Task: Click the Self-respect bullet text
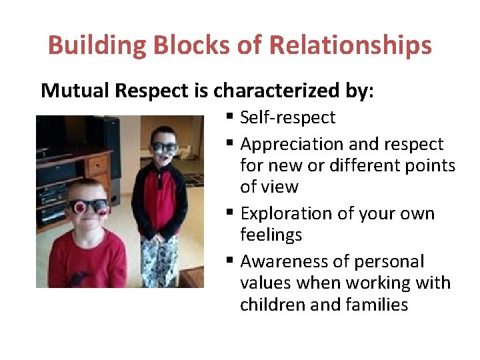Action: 287,118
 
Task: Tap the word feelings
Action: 271,235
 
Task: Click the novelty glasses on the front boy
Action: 89,206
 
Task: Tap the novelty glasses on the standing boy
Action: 164,147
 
